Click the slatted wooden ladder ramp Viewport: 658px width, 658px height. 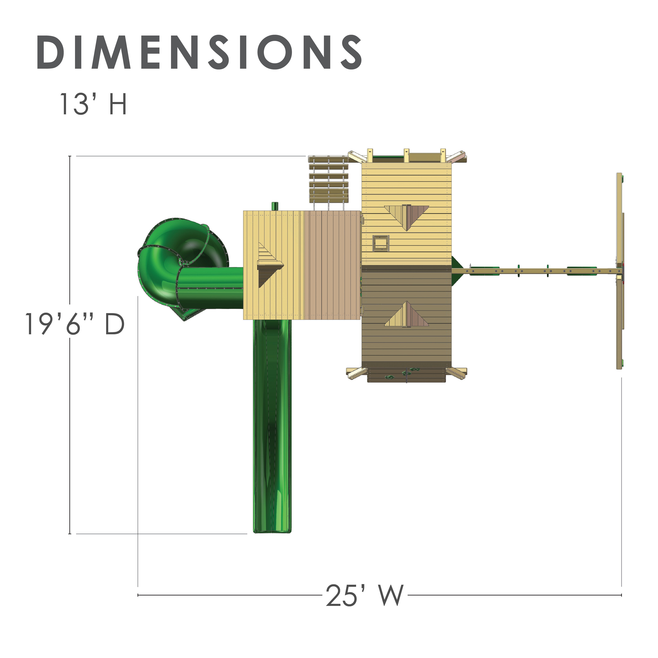[329, 182]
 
